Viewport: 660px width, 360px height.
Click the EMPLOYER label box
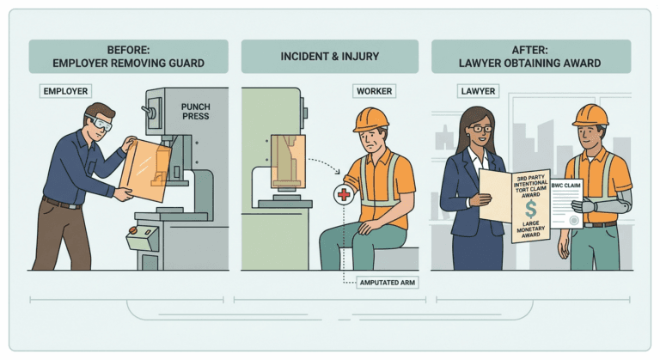point(65,91)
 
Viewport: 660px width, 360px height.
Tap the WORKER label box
point(374,91)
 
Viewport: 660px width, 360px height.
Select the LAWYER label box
point(478,91)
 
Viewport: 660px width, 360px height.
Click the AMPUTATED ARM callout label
point(388,283)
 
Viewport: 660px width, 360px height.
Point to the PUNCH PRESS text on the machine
point(195,112)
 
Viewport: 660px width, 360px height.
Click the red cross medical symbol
point(344,194)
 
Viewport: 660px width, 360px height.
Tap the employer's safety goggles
point(100,122)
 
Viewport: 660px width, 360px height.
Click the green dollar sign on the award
point(531,210)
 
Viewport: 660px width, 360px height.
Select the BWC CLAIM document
point(566,204)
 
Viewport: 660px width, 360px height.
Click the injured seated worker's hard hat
point(370,119)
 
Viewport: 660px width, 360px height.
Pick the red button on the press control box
point(132,230)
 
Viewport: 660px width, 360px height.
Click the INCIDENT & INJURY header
point(330,57)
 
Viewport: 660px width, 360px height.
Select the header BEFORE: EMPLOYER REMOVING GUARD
point(128,57)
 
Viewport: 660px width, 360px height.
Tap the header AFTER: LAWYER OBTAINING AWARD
point(531,57)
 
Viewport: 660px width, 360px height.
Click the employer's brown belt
point(62,204)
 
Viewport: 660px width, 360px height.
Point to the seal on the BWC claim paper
point(573,221)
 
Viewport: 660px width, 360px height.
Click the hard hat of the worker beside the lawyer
point(590,115)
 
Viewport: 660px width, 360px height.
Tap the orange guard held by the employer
point(145,170)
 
